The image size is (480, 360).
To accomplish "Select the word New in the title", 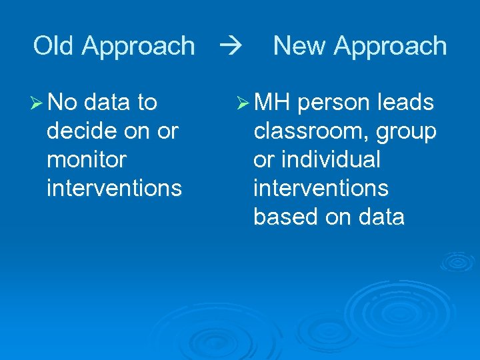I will (x=301, y=46).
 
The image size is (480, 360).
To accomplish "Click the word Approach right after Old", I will (x=139, y=46).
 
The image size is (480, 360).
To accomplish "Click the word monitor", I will (x=86, y=160).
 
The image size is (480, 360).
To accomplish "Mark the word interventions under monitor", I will (x=114, y=189).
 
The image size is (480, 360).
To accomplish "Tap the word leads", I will (x=405, y=103).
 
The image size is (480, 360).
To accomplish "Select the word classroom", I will (x=311, y=131).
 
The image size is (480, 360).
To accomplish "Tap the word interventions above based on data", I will (x=321, y=189).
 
